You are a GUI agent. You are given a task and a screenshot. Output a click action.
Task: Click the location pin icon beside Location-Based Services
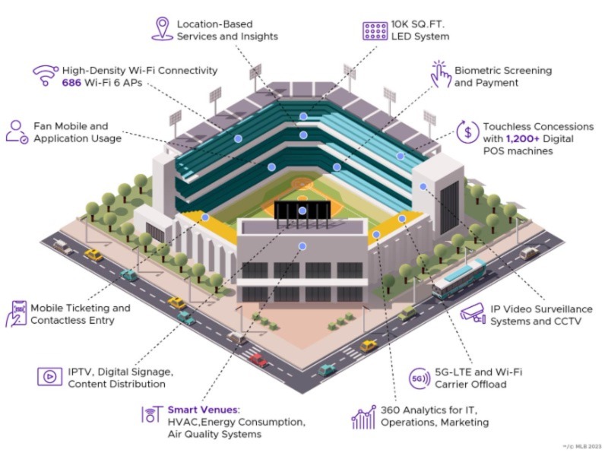pos(162,28)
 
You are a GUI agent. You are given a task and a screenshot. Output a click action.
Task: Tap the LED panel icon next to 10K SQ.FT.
pos(375,30)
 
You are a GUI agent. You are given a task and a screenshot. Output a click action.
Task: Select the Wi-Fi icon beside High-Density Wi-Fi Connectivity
pos(46,75)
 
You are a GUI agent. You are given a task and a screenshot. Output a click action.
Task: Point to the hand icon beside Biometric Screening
pos(440,76)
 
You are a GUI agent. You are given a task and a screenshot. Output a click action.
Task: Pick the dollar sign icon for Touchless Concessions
pos(467,131)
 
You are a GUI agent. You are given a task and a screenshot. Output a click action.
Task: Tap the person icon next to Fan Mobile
pos(16,131)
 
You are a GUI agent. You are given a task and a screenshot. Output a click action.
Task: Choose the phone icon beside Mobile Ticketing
pos(18,313)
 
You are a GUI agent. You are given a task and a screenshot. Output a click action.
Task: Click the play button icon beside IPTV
pos(49,376)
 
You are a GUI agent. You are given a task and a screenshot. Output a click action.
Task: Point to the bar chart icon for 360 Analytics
pos(364,416)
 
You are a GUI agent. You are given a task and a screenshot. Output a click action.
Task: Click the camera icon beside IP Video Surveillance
pos(473,312)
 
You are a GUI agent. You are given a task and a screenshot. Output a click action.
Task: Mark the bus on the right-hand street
pos(459,278)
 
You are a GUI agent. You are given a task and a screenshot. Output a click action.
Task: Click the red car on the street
pos(258,359)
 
